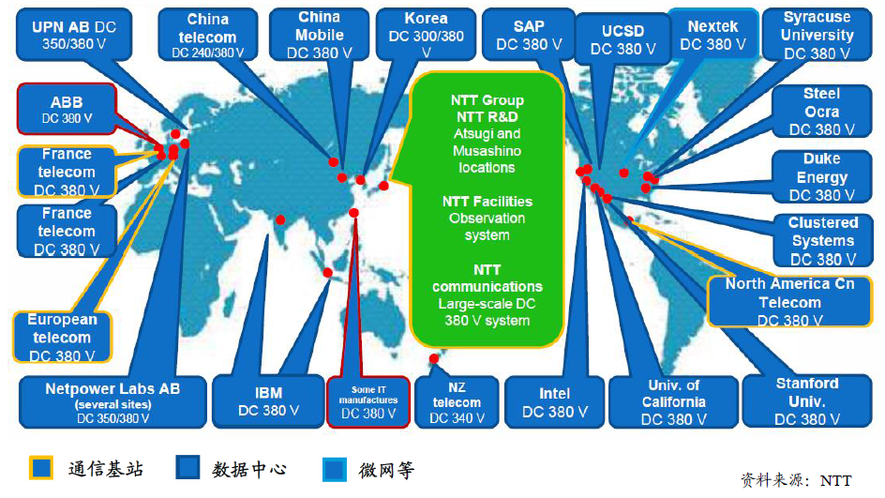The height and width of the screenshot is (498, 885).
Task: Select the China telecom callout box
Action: tap(207, 36)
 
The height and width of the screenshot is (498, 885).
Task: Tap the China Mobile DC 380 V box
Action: tap(320, 35)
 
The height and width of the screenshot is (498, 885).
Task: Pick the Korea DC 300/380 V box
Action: tap(426, 36)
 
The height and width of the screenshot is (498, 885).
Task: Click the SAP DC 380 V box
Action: tap(529, 35)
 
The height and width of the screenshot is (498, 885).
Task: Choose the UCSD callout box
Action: tap(622, 39)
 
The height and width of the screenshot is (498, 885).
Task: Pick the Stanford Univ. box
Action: tap(806, 400)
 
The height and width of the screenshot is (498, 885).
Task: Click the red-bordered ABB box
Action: tap(66, 109)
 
